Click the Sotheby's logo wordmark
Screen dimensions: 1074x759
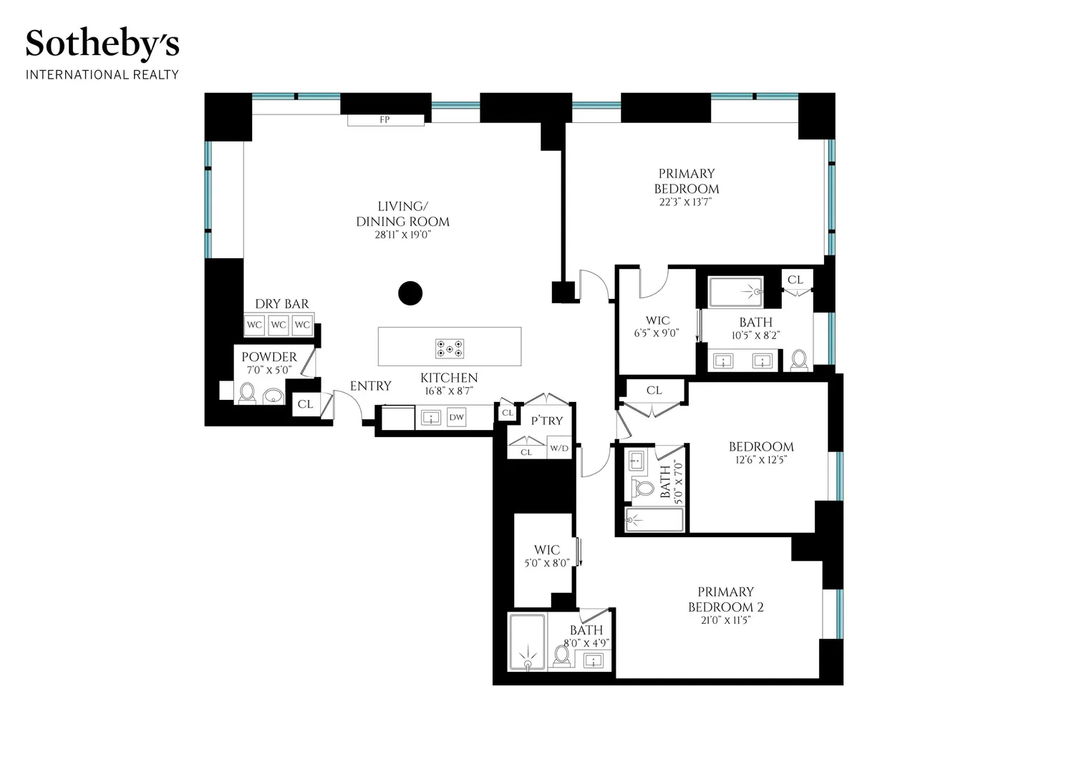coord(102,44)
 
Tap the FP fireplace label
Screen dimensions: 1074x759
coord(384,119)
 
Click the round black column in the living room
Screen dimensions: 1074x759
coord(410,293)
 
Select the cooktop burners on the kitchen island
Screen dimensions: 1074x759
coord(449,349)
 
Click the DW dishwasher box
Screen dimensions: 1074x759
coord(456,417)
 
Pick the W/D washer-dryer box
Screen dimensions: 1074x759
coord(559,448)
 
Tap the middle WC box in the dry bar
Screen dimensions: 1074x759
coord(278,325)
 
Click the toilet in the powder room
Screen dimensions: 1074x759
coord(247,393)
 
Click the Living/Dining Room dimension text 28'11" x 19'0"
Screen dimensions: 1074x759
coord(402,235)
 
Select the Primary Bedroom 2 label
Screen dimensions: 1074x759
coord(725,599)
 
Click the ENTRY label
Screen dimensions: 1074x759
coord(370,386)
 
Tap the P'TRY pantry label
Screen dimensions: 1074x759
coord(546,421)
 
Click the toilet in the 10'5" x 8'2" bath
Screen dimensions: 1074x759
coord(799,361)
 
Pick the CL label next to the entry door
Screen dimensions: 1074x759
coord(306,404)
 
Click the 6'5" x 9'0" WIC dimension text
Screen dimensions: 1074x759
coord(657,333)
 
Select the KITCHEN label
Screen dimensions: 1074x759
coord(449,378)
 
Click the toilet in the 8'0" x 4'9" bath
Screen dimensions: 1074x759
coord(561,656)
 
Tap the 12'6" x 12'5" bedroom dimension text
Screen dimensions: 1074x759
coord(761,460)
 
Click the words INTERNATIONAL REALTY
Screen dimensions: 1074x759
coord(102,74)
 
